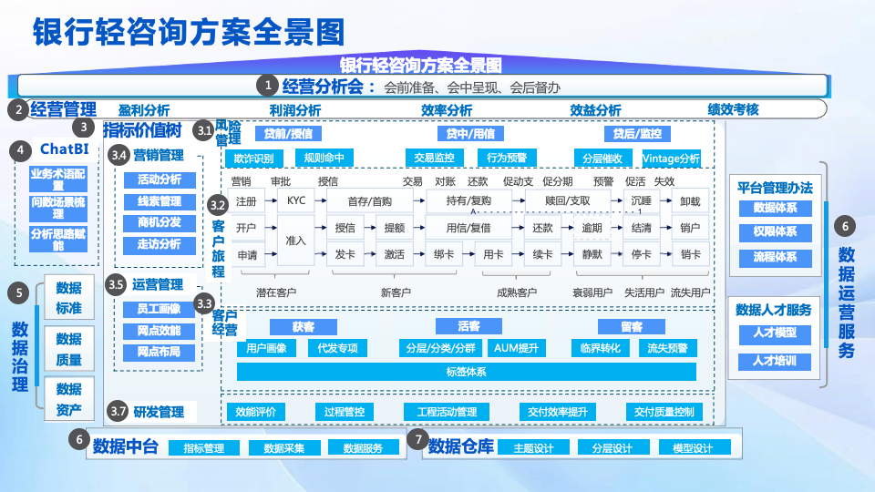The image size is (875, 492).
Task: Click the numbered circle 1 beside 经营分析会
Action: [x=268, y=86]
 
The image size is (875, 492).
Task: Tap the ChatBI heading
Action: [x=63, y=149]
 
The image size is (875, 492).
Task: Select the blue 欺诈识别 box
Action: [x=247, y=158]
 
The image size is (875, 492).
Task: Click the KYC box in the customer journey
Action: [x=296, y=200]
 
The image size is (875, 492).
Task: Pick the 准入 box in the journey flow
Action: [x=296, y=241]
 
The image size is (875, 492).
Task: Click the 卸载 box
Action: [x=690, y=201]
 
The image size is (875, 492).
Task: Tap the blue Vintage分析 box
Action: [x=671, y=158]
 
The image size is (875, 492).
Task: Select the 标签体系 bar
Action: [x=466, y=371]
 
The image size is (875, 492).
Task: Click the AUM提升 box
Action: [x=515, y=348]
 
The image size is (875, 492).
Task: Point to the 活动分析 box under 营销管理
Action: [x=160, y=179]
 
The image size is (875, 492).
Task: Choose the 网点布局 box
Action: [x=160, y=352]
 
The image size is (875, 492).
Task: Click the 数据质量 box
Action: [x=68, y=350]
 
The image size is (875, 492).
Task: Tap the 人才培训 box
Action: [x=774, y=361]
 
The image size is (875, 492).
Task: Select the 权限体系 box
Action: [x=775, y=232]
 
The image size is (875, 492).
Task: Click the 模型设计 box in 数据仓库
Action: [x=692, y=448]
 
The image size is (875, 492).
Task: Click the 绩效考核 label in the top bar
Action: [x=733, y=109]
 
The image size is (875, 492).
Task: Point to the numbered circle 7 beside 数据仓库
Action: [x=417, y=441]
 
